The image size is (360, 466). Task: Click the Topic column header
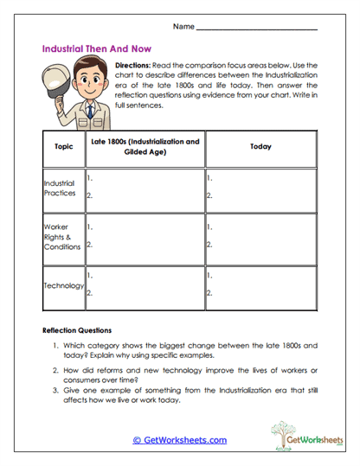pos(63,147)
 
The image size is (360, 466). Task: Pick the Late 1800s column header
pos(145,147)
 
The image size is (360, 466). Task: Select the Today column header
pos(260,147)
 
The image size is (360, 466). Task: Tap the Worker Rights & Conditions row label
pos(63,236)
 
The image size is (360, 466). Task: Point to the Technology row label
pos(63,285)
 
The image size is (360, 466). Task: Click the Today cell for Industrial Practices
pos(260,188)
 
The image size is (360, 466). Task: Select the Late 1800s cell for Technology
pos(145,285)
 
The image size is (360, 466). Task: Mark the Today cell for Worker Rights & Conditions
pos(260,236)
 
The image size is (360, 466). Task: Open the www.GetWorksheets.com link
pos(180,440)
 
